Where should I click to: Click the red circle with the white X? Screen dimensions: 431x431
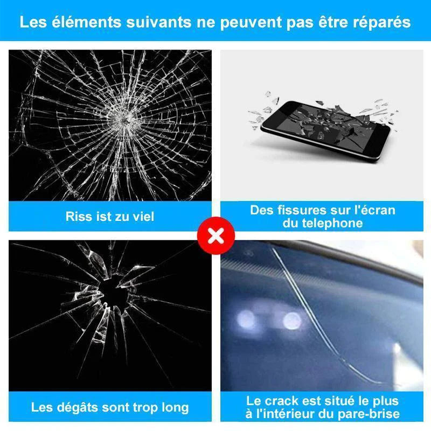[x=216, y=235]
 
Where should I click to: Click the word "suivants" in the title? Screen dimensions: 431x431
[x=159, y=22]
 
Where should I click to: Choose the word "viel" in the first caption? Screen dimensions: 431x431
[x=144, y=217]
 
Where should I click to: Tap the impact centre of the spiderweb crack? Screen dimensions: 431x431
[x=126, y=120]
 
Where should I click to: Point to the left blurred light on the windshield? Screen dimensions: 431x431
[x=246, y=320]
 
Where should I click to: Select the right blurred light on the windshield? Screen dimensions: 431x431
[x=292, y=321]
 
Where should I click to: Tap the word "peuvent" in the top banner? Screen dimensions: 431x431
[x=251, y=23]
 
